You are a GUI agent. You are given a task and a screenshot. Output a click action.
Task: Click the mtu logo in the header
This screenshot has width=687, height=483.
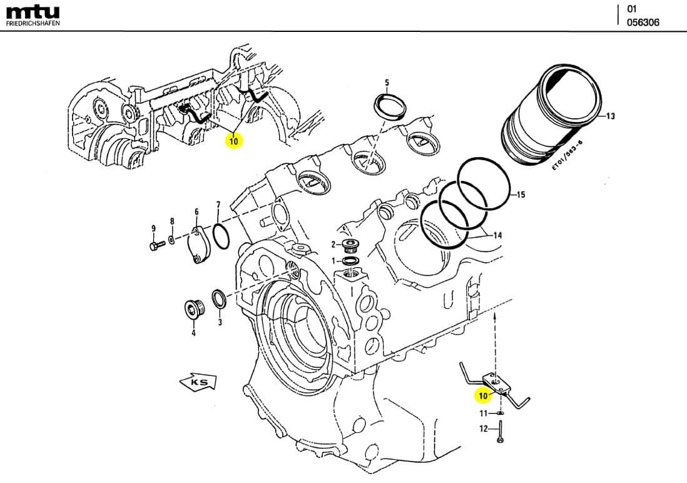[x=33, y=11]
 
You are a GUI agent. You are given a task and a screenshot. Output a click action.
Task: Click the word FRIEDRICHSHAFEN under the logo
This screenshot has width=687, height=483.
[x=33, y=23]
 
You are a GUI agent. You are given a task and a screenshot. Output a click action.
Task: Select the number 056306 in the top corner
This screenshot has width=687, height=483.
[x=643, y=23]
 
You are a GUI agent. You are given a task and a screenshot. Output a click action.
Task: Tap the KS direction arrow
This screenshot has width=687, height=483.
[x=198, y=381]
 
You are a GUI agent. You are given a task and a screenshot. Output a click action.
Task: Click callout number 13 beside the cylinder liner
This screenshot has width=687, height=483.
[x=611, y=116]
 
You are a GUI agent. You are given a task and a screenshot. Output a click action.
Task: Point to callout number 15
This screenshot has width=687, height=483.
[x=521, y=195]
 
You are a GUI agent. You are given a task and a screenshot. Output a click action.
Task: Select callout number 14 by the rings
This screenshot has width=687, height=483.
[x=498, y=236]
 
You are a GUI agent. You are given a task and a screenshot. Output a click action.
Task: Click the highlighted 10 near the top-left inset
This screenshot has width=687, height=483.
[x=233, y=141]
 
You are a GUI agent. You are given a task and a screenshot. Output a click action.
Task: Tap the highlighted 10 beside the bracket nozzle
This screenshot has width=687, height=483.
[x=482, y=396]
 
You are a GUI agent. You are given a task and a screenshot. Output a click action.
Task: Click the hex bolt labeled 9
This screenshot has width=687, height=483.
[x=155, y=245]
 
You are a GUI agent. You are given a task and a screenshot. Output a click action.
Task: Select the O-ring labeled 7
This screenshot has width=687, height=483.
[x=220, y=237]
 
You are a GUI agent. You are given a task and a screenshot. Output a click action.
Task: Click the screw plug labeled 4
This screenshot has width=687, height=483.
[x=193, y=309]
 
